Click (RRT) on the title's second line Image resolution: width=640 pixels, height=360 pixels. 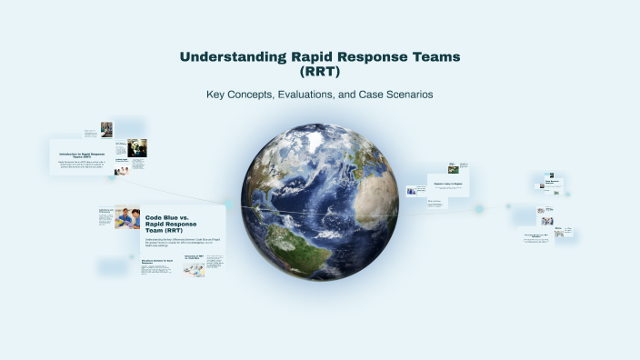tap(319, 71)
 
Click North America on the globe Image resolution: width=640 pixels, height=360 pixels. tap(273, 173)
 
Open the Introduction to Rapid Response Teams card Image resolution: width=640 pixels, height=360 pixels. tap(76, 156)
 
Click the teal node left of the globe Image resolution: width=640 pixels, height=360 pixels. tap(227, 205)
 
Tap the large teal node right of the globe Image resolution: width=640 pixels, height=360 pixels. tap(479, 209)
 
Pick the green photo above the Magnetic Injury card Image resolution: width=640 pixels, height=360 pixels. tap(453, 168)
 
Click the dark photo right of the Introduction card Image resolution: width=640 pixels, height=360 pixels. tap(137, 147)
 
